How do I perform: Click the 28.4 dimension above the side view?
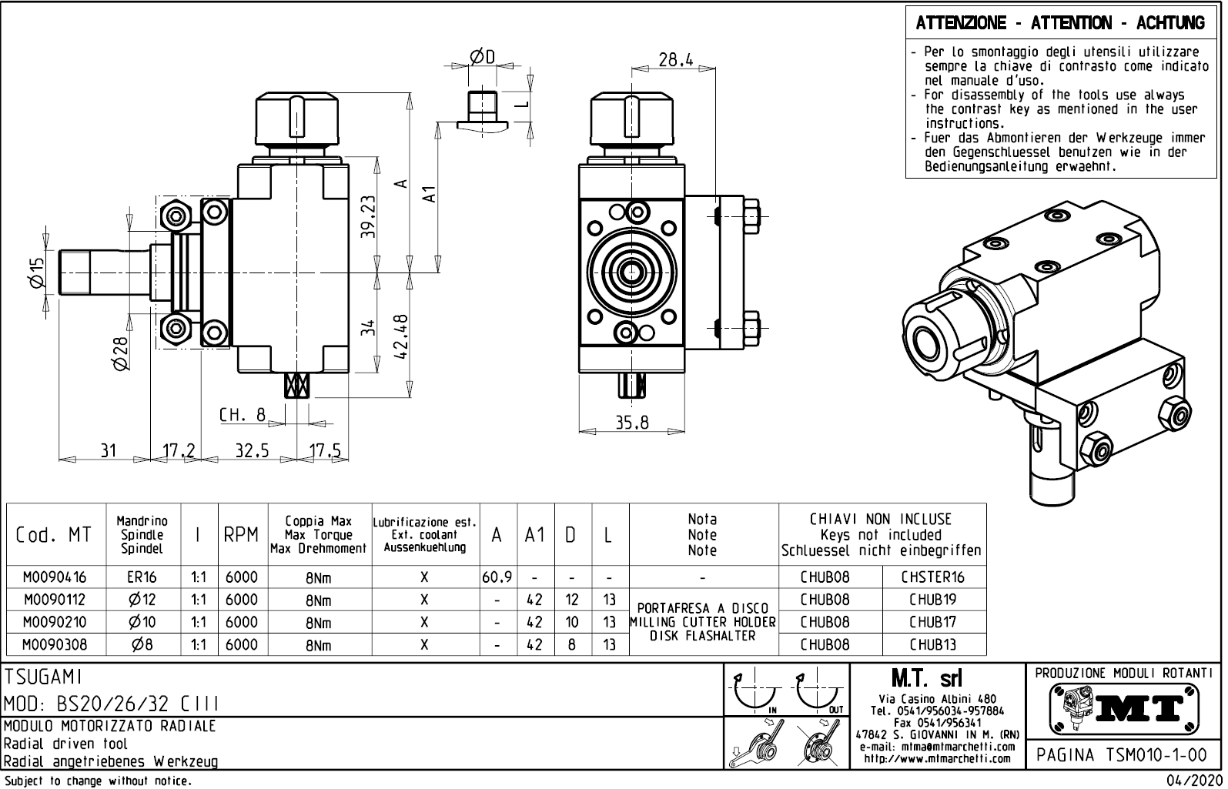(676, 60)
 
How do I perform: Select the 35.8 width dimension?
(631, 423)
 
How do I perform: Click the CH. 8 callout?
(242, 416)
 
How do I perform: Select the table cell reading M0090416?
(55, 577)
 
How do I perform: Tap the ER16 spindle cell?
(142, 577)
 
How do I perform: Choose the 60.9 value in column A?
(497, 577)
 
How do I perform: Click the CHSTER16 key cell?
(932, 577)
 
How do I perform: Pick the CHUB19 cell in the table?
(932, 599)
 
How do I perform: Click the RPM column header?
(241, 535)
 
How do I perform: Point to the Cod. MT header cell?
(53, 535)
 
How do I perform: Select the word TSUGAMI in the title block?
(43, 677)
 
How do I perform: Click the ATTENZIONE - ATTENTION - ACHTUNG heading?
(1060, 24)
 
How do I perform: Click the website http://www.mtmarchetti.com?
(936, 759)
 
